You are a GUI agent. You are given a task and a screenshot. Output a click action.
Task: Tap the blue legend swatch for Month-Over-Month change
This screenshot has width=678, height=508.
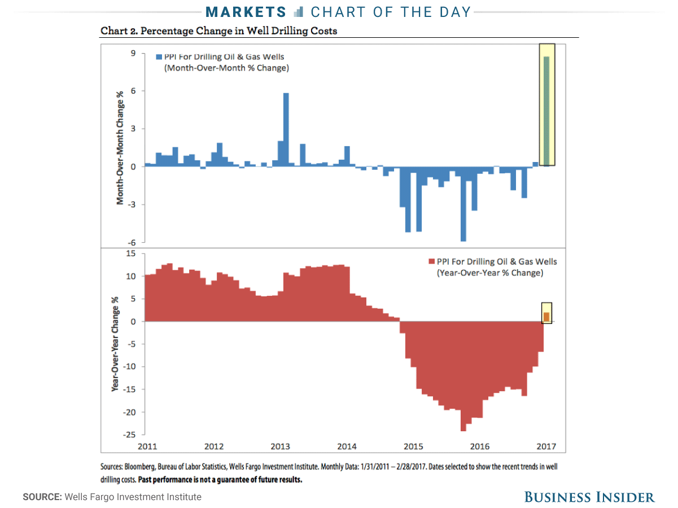click(x=159, y=57)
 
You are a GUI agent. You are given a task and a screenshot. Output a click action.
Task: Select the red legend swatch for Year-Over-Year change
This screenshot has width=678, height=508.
click(x=432, y=262)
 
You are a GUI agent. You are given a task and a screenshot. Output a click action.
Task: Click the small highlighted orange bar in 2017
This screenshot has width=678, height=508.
click(x=546, y=317)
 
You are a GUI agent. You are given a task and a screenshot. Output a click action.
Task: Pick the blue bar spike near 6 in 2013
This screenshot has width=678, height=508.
click(x=286, y=129)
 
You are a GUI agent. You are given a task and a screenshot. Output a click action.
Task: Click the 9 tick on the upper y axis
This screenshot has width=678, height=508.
click(x=134, y=53)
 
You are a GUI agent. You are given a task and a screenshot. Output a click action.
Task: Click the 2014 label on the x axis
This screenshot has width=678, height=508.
click(x=347, y=446)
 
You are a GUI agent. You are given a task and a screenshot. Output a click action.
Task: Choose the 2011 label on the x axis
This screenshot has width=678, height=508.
click(x=147, y=446)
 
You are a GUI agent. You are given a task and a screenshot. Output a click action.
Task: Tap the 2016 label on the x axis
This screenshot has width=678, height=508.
click(x=480, y=446)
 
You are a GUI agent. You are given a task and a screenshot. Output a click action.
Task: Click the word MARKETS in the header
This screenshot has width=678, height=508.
click(x=246, y=12)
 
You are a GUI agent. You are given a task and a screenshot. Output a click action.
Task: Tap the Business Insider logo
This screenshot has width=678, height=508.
click(x=589, y=497)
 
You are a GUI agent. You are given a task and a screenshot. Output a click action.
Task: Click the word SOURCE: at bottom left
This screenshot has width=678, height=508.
click(x=42, y=497)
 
